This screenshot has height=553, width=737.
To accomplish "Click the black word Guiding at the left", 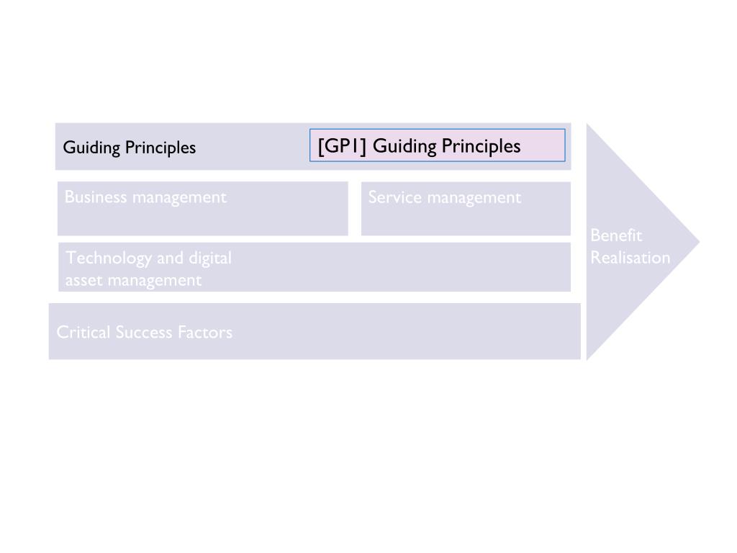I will click(x=91, y=148).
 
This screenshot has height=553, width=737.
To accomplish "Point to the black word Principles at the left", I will click(x=160, y=148).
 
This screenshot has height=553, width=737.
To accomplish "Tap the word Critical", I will click(x=83, y=332).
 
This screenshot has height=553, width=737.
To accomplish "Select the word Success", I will click(x=143, y=332).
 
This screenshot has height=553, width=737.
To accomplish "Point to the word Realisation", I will click(x=630, y=258).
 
